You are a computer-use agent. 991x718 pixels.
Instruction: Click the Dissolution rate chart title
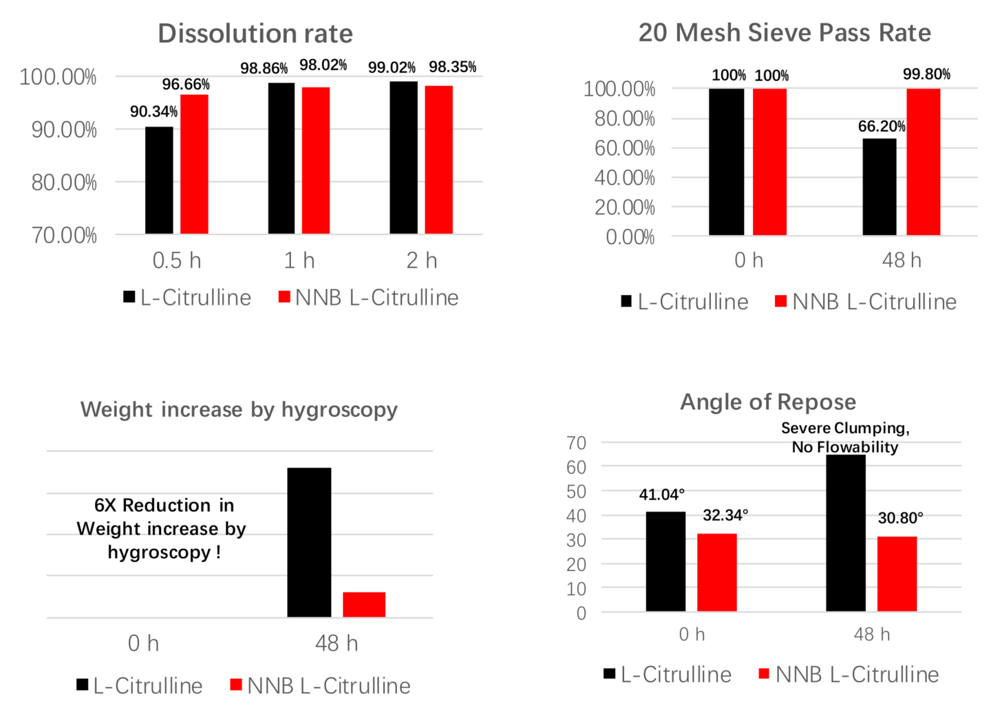point(255,33)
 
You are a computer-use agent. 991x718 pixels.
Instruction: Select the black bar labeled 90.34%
point(159,180)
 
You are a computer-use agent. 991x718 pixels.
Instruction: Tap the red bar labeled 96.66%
point(194,164)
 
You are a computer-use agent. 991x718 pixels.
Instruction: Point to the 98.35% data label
point(452,67)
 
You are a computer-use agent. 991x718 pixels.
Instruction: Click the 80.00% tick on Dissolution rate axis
point(64,182)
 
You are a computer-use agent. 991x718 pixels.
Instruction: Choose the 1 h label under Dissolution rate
point(299,261)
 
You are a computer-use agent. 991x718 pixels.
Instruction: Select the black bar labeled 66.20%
point(880,187)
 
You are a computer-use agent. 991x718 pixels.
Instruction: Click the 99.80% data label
point(926,74)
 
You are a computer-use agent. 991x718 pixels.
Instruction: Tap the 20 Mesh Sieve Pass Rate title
point(785,32)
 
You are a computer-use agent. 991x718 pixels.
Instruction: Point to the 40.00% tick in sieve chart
point(625,177)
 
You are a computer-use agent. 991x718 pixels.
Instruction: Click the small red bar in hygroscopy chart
point(364,605)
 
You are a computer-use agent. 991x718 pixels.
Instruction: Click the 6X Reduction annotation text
point(163,528)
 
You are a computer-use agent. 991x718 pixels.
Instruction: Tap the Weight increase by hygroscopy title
point(239,409)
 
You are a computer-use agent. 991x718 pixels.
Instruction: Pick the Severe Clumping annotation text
point(845,437)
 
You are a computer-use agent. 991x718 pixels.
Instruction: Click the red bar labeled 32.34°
point(716,572)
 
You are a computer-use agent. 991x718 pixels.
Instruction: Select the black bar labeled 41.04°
point(665,561)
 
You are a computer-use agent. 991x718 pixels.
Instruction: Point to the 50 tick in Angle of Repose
point(577,491)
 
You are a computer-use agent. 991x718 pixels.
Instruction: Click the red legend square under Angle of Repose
point(763,673)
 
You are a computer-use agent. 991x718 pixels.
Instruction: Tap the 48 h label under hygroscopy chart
point(337,644)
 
